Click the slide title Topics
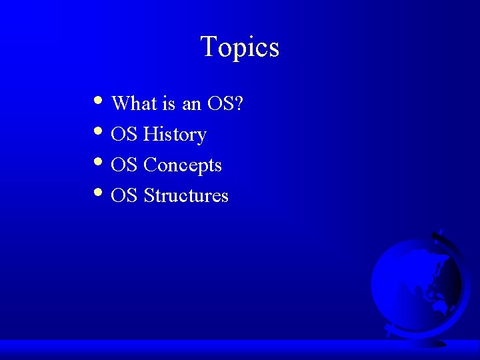[x=239, y=47]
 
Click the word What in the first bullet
[x=134, y=103]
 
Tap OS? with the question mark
[x=225, y=103]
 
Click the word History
[x=175, y=135]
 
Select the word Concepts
[x=183, y=165]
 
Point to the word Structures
[x=186, y=196]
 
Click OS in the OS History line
[x=124, y=135]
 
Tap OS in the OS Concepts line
[x=124, y=165]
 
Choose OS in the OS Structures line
[x=124, y=196]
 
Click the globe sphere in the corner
[x=413, y=283]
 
